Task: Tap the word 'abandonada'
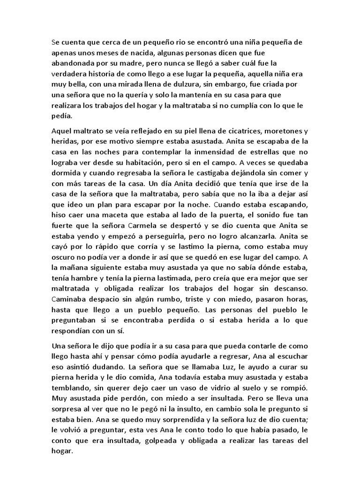pyautogui.click(x=74, y=63)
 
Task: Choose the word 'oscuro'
pyautogui.click(x=66, y=257)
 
